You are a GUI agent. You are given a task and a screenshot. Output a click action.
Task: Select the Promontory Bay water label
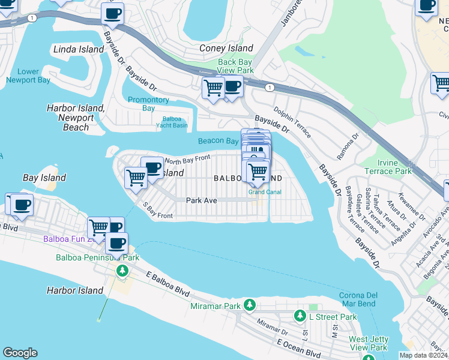pos(148,104)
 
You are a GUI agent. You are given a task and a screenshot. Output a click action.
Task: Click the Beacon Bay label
pos(219,141)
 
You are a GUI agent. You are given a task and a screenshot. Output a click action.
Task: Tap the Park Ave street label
pos(201,200)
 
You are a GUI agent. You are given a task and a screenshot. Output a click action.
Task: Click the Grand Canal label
pos(266,193)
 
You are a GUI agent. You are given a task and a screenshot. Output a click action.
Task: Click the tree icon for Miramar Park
pos(250,307)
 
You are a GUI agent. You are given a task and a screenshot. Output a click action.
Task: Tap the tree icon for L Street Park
pos(300,316)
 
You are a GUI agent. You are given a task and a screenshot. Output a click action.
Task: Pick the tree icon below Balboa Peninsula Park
pos(122,271)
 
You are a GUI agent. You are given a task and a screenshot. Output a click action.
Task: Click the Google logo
pos(20,353)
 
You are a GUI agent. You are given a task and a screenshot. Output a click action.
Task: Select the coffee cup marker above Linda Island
pos(112,13)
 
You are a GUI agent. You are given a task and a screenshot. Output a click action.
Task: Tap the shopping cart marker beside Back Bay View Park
pos(213,88)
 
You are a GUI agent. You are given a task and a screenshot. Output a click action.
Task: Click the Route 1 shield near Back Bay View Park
pos(270,88)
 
